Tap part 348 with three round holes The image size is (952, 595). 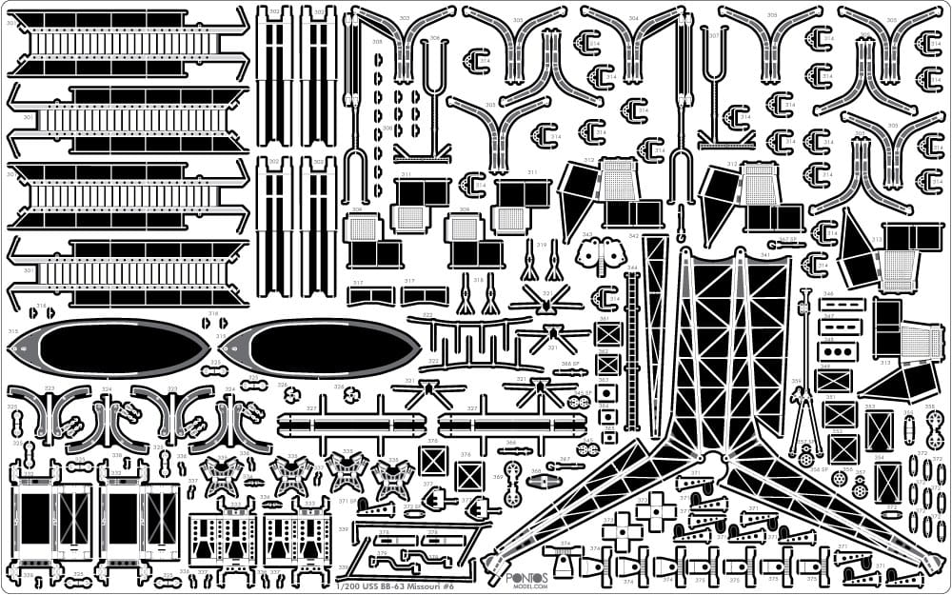[x=842, y=350]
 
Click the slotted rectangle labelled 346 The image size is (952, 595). [x=843, y=306]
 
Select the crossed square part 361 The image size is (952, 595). [x=608, y=334]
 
